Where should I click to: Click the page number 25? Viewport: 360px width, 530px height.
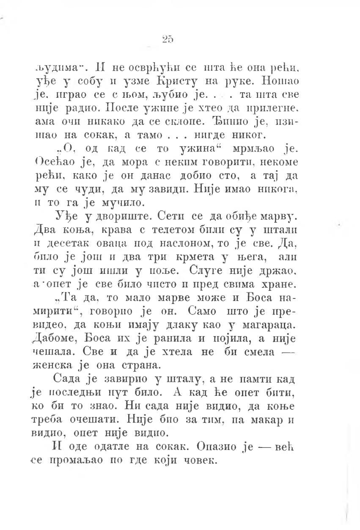(x=168, y=39)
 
